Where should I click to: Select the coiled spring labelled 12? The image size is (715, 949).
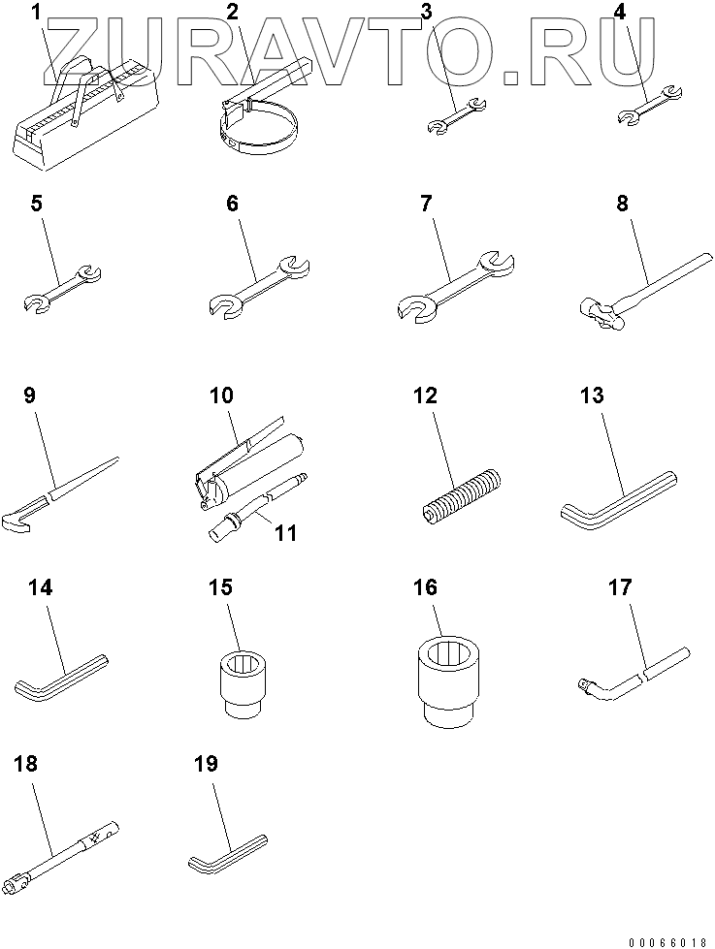(x=462, y=495)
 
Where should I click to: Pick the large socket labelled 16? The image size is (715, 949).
(x=447, y=679)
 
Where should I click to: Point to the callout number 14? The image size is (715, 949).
(x=40, y=587)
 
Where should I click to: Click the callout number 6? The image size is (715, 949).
(x=233, y=204)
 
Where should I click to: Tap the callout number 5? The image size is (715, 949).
(x=36, y=204)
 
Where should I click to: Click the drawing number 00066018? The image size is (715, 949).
(x=667, y=942)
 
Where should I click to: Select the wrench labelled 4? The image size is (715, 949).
(x=650, y=106)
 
